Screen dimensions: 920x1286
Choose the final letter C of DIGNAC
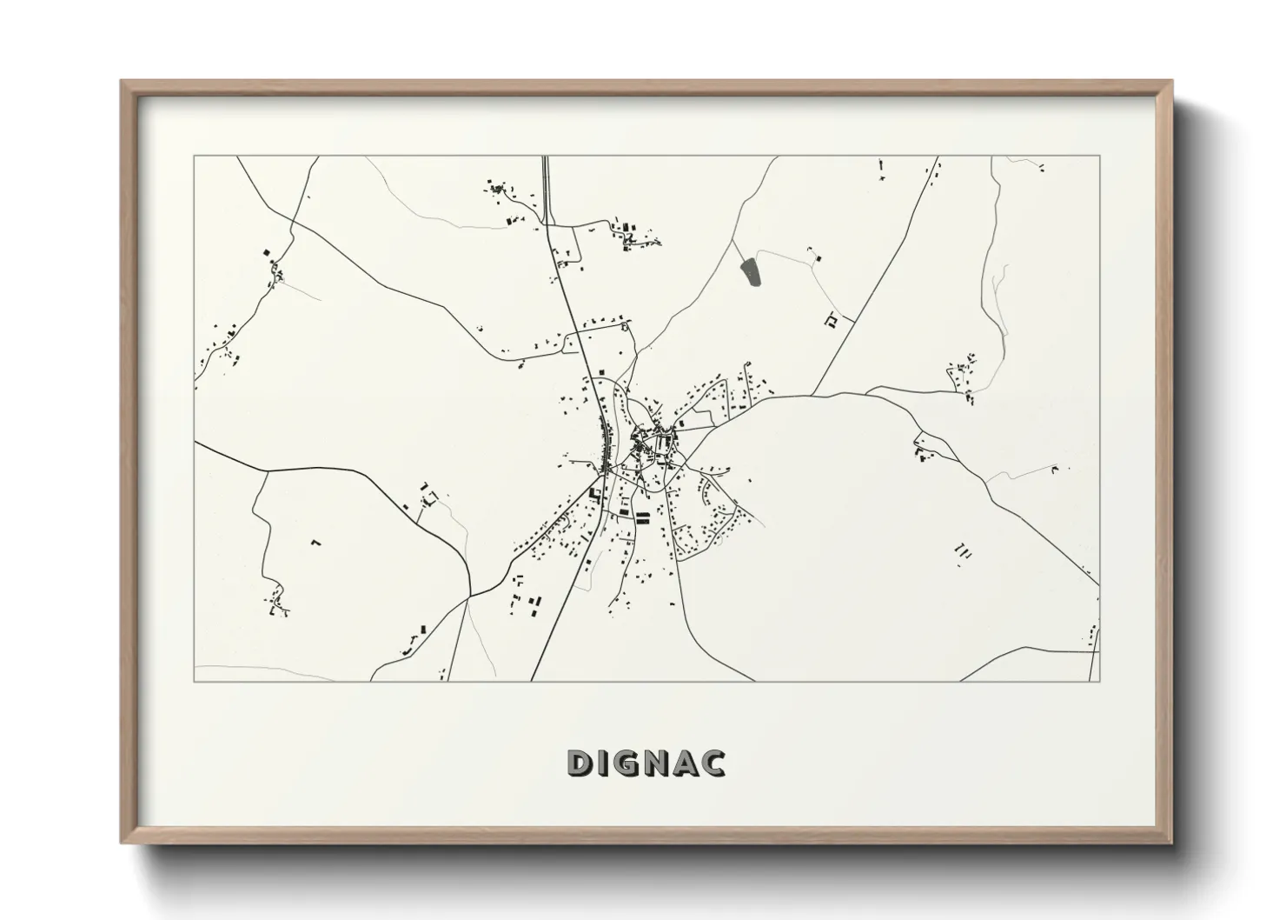pos(713,763)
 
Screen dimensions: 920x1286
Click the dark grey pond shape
pos(749,273)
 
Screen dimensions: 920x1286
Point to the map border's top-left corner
pos(195,157)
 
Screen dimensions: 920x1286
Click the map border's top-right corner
pos(1099,157)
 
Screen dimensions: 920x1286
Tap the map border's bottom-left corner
pos(195,681)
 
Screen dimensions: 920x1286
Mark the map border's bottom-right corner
pos(1099,681)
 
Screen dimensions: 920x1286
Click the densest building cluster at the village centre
pos(647,443)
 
